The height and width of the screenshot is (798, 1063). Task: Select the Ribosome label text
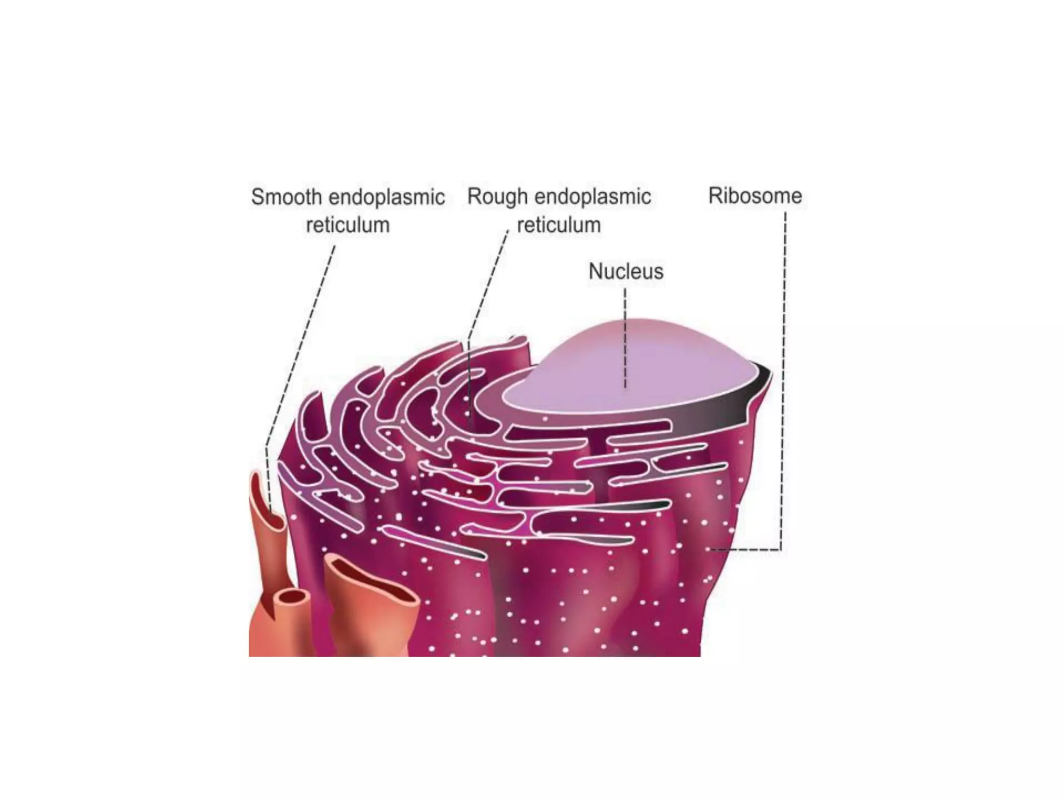coord(755,196)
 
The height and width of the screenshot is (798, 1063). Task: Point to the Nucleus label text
coord(626,271)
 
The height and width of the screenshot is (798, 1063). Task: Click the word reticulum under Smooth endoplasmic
coord(347,225)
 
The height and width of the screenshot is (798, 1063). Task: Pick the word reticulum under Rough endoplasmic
coord(559,225)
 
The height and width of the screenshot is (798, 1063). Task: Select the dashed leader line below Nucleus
coord(625,338)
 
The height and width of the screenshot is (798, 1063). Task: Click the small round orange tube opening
coord(292,597)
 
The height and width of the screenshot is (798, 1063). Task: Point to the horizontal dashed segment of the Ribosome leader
coord(747,549)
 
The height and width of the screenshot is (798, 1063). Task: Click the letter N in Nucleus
coord(595,271)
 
